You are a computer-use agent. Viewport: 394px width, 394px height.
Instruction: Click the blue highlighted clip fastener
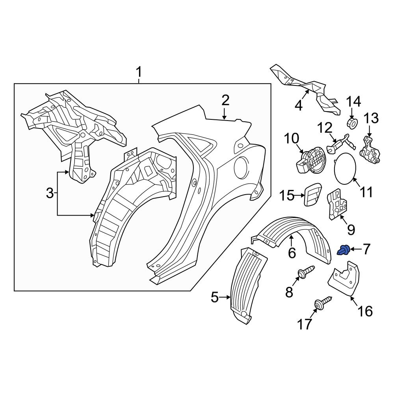pyautogui.click(x=344, y=250)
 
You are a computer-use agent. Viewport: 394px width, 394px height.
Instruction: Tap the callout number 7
pyautogui.click(x=366, y=249)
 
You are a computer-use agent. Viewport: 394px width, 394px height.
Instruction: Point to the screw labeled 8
pyautogui.click(x=306, y=272)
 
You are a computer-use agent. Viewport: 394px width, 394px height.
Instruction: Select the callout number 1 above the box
pyautogui.click(x=139, y=72)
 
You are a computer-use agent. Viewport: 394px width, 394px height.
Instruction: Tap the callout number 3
pyautogui.click(x=50, y=193)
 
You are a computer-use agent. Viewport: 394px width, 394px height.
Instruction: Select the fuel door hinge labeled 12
pyautogui.click(x=337, y=143)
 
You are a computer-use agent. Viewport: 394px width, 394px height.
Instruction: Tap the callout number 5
pyautogui.click(x=215, y=297)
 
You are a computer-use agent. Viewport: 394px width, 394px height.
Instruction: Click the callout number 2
pyautogui.click(x=225, y=100)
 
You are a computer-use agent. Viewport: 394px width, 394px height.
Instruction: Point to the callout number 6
pyautogui.click(x=292, y=253)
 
